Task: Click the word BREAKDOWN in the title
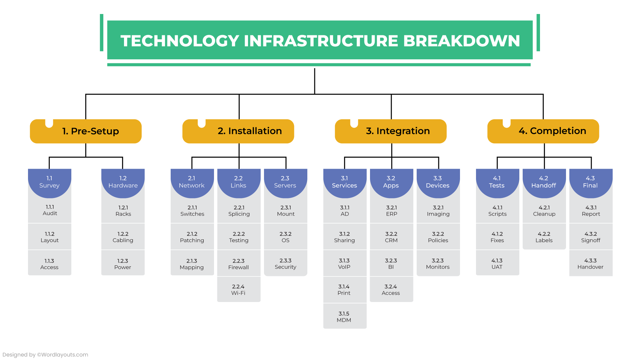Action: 461,41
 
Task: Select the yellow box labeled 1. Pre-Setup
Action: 86,131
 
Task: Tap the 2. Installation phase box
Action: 238,131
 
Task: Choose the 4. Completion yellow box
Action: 543,131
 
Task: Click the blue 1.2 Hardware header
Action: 123,182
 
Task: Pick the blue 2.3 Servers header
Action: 285,182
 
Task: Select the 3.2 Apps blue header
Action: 391,182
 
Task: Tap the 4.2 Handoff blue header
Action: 544,182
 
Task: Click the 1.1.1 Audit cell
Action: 50,210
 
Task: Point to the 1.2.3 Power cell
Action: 123,264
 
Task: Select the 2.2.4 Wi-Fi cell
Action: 238,290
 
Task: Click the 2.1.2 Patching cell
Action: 192,237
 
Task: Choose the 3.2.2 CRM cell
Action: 391,237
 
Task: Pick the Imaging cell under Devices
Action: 438,211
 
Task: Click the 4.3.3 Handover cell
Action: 590,264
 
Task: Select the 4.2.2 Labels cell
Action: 544,237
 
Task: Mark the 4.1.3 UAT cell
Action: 497,264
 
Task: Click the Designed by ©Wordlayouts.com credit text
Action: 45,355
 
